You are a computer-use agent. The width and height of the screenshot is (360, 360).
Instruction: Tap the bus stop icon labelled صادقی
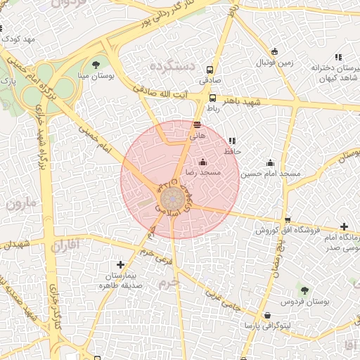point(210,70)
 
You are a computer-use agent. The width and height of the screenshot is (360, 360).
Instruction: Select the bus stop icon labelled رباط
point(213,98)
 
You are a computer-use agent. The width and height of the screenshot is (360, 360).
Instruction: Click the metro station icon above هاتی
point(198,124)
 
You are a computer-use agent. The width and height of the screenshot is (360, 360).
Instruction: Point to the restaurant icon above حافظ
point(232,141)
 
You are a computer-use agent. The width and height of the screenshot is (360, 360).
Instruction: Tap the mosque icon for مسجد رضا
point(202,162)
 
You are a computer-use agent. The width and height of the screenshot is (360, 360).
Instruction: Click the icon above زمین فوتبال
point(274,51)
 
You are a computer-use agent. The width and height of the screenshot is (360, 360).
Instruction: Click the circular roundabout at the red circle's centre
point(171,200)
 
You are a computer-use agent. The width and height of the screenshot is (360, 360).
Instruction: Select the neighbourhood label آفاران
point(67,246)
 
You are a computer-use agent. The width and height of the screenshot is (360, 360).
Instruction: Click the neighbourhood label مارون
point(23,204)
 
